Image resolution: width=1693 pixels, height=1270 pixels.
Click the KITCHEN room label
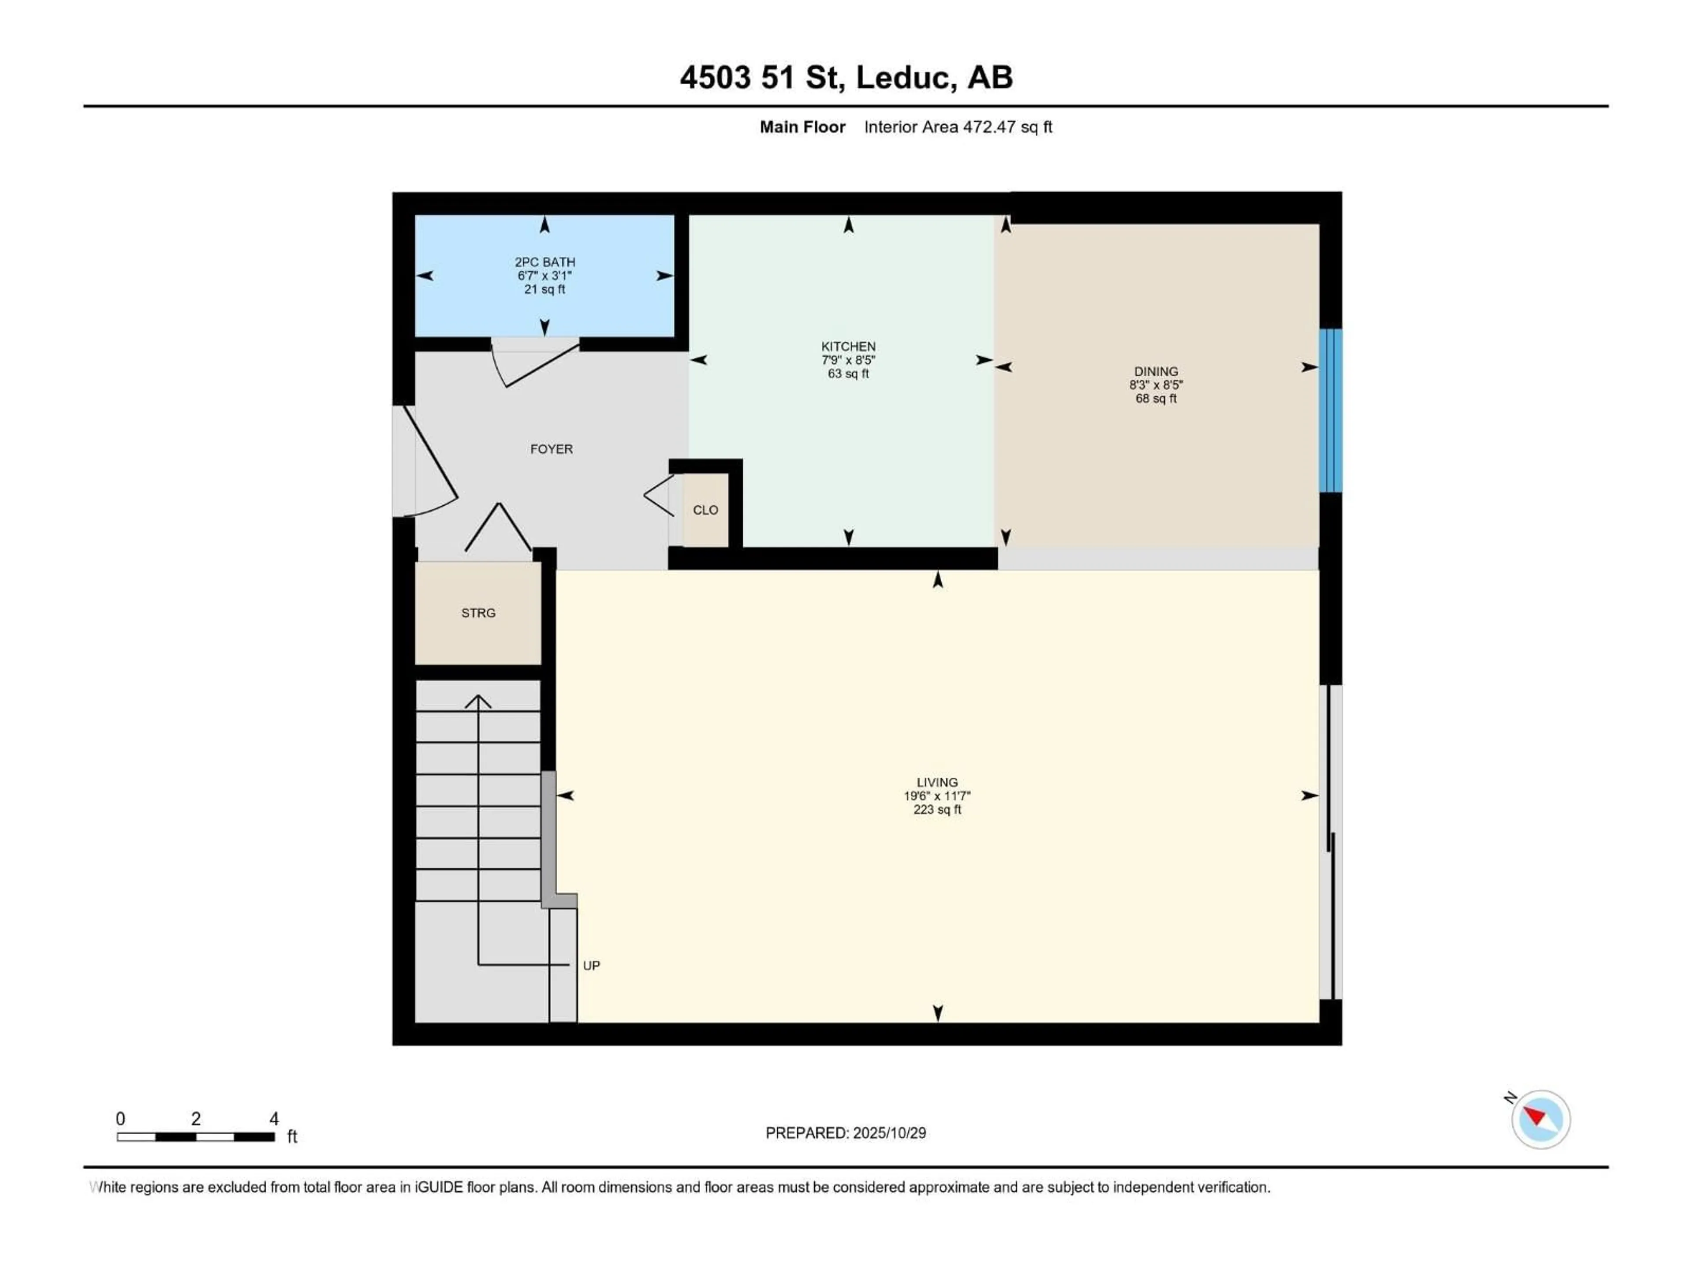(x=848, y=347)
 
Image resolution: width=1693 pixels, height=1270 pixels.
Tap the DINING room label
(x=1156, y=371)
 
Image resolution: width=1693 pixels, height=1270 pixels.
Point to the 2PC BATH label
(x=544, y=262)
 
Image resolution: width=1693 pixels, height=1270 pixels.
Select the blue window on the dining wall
(x=1331, y=410)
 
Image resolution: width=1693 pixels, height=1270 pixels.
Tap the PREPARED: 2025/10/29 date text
(x=846, y=1133)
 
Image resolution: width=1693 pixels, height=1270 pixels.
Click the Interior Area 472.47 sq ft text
(x=958, y=127)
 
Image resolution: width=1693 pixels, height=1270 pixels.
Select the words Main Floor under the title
(x=802, y=127)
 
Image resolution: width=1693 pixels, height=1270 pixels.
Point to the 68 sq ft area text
(x=1156, y=399)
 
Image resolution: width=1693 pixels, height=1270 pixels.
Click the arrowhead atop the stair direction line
(x=478, y=700)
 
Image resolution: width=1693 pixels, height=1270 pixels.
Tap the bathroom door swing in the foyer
(x=536, y=366)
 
